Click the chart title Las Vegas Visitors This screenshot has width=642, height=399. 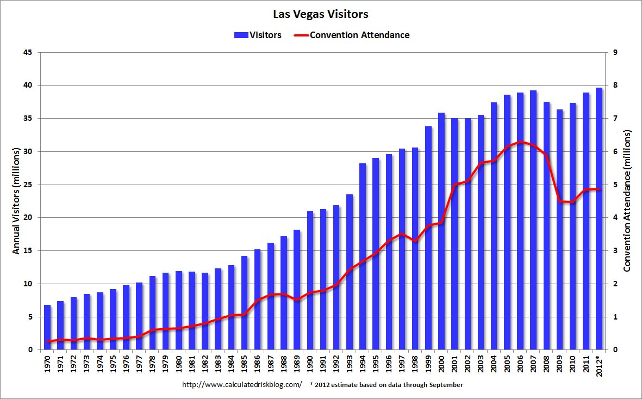tap(321, 13)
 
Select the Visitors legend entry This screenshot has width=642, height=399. tap(258, 35)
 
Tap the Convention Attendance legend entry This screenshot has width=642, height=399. tap(352, 35)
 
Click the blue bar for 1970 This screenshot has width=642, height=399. tap(47, 328)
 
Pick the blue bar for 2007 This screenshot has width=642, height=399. tap(533, 220)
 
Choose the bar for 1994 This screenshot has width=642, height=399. tap(363, 256)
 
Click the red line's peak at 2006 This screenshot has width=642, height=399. tap(520, 142)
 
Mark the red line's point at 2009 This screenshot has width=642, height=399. tap(559, 201)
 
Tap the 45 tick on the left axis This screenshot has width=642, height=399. tap(28, 53)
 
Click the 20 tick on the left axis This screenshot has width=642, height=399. tap(28, 218)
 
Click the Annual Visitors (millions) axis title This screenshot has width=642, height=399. tap(16, 201)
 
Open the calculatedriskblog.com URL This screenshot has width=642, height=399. tap(242, 385)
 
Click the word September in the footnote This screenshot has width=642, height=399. tap(445, 385)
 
